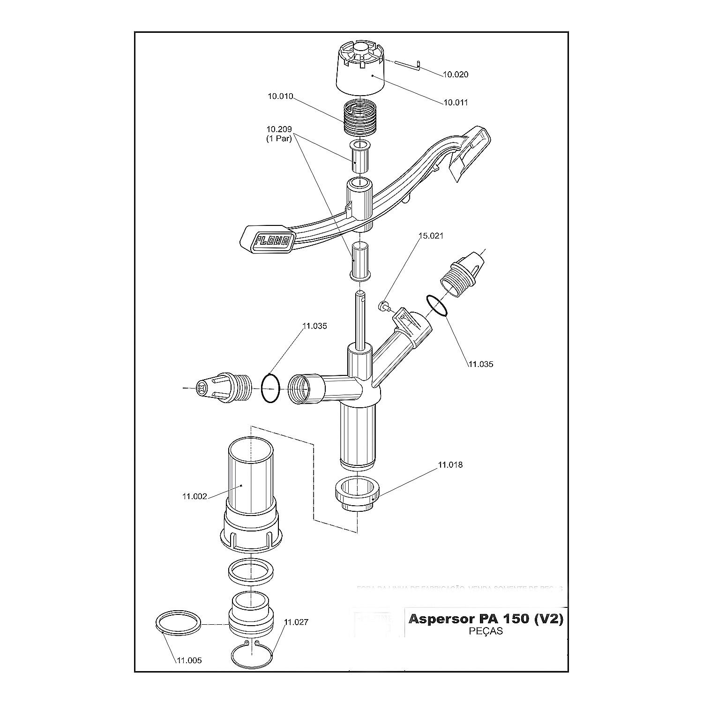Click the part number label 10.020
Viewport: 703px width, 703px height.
pyautogui.click(x=456, y=75)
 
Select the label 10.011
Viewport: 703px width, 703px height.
pyautogui.click(x=456, y=103)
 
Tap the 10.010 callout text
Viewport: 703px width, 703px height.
pyautogui.click(x=280, y=97)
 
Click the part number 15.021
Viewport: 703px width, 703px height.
pyautogui.click(x=430, y=236)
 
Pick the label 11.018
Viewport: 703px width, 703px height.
pyautogui.click(x=450, y=465)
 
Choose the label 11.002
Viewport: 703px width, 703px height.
pyautogui.click(x=194, y=496)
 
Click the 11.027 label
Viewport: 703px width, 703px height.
pyautogui.click(x=296, y=622)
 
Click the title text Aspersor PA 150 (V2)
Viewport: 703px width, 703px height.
pyautogui.click(x=486, y=619)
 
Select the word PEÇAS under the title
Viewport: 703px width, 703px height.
pyautogui.click(x=486, y=631)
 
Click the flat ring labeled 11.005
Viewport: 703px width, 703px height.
pyautogui.click(x=179, y=623)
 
